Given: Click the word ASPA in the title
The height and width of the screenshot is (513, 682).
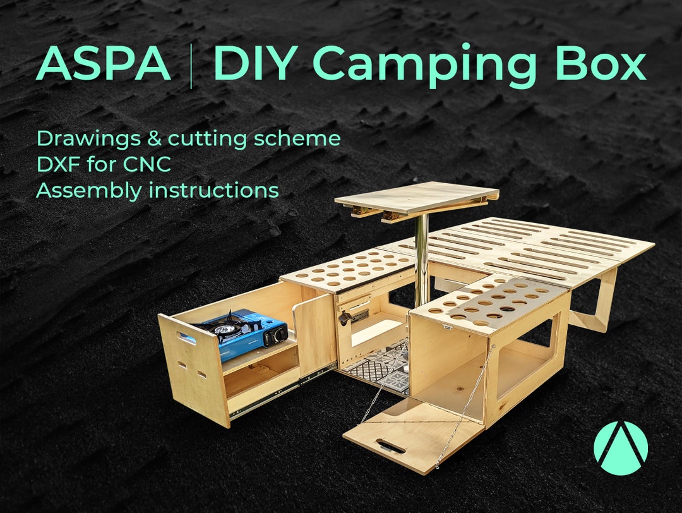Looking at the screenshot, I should pos(104,64).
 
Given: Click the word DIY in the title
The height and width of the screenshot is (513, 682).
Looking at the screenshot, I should pos(256,64).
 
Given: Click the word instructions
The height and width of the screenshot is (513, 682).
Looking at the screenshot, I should pos(213,190).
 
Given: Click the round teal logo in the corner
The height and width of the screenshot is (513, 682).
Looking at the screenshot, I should pos(620,448).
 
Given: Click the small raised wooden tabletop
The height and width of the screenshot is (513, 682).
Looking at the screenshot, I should pos(417,196).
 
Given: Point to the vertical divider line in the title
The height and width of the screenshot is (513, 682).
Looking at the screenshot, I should pos(191,64).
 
